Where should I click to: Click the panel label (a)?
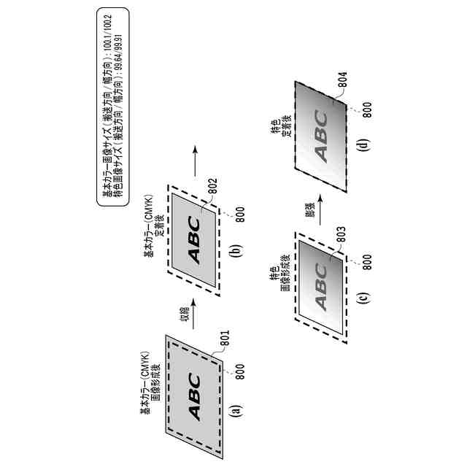click(235, 411)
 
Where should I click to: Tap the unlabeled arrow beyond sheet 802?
click(194, 158)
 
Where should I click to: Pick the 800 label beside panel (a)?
click(240, 369)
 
